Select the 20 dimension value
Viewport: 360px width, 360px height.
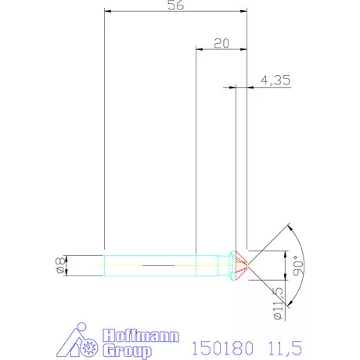[x=220, y=44]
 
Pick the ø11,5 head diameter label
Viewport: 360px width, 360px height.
[x=279, y=304]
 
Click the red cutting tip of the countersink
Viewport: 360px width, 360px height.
[x=243, y=265]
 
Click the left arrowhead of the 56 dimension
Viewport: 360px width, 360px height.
[x=107, y=13]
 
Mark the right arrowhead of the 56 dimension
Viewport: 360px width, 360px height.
[x=243, y=13]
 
